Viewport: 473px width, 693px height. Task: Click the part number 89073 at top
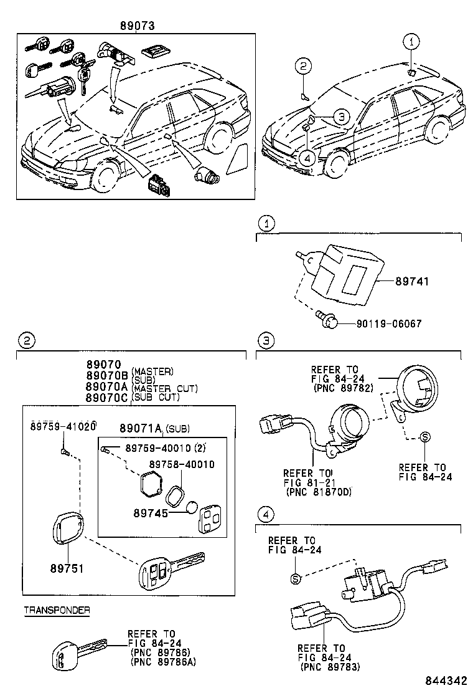click(137, 26)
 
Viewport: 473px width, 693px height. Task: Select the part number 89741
click(411, 282)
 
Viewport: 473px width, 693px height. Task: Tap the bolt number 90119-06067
click(389, 324)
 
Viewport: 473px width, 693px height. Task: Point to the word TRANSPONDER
click(57, 611)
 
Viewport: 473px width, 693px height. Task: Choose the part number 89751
click(66, 568)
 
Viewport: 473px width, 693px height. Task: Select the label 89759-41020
click(63, 426)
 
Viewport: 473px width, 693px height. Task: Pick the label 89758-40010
click(182, 464)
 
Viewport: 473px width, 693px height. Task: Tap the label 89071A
click(141, 428)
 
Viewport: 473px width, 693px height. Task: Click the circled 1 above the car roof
click(410, 42)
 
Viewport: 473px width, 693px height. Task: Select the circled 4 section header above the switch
click(265, 514)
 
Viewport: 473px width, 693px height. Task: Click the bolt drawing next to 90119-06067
click(328, 319)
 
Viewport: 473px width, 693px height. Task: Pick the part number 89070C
click(106, 397)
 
